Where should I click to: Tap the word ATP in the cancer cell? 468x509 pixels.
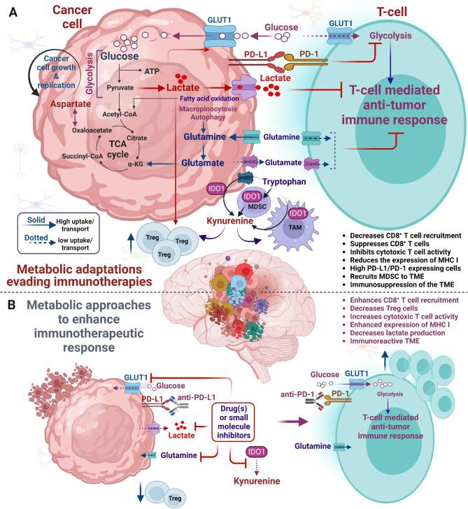coord(153,72)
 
